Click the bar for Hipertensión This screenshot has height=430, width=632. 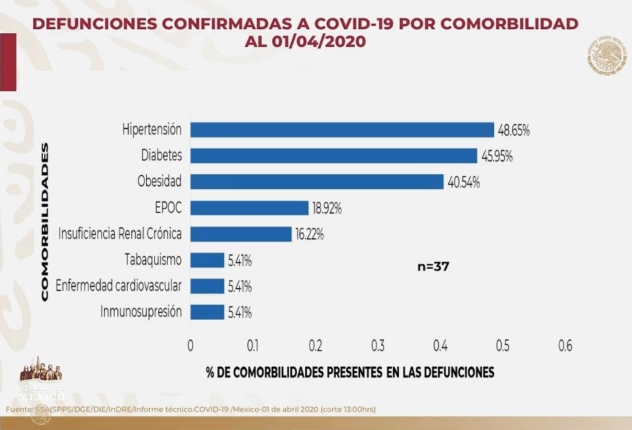(x=342, y=129)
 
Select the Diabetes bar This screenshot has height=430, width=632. (x=334, y=155)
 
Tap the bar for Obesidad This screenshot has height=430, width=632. (x=317, y=182)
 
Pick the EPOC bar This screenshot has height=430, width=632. (x=249, y=208)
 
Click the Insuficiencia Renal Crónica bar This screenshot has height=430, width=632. (x=241, y=234)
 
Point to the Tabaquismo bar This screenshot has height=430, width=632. (x=207, y=260)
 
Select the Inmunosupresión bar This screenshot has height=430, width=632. (x=207, y=312)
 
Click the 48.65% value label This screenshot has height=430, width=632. (x=514, y=130)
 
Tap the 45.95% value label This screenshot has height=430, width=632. (x=497, y=156)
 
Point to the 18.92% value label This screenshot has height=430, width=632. (x=328, y=209)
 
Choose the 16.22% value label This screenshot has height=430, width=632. (x=310, y=235)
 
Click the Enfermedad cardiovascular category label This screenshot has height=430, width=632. (x=119, y=286)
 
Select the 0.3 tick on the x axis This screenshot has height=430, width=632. (x=377, y=346)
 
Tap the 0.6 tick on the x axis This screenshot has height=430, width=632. (x=565, y=346)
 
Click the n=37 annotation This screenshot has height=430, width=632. (x=433, y=267)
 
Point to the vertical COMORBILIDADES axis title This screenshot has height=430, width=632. (x=45, y=221)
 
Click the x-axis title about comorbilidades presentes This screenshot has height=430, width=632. (x=350, y=372)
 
